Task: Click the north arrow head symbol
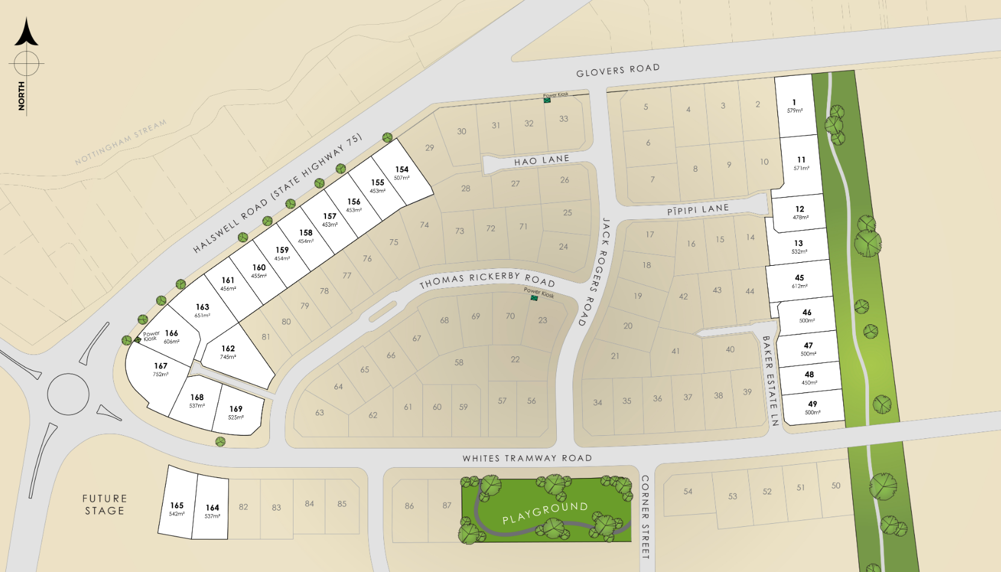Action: pyautogui.click(x=26, y=34)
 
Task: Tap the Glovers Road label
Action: pyautogui.click(x=618, y=71)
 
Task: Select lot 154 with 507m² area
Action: pyautogui.click(x=402, y=173)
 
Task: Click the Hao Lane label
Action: pyautogui.click(x=541, y=160)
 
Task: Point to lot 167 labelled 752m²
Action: pyautogui.click(x=160, y=369)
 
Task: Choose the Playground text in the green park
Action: pyautogui.click(x=545, y=512)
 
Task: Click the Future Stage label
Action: pyautogui.click(x=104, y=504)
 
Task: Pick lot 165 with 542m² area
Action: pyautogui.click(x=177, y=509)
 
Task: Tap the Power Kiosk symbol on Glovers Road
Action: pyautogui.click(x=547, y=100)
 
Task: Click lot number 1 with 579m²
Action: pyautogui.click(x=794, y=105)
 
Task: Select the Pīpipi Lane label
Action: pyautogui.click(x=697, y=210)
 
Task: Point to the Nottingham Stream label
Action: pyautogui.click(x=121, y=143)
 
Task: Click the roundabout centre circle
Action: pyautogui.click(x=68, y=395)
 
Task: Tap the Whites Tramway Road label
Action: pyautogui.click(x=527, y=458)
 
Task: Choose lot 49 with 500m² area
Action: pyautogui.click(x=812, y=407)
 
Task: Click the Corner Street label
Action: pyautogui.click(x=645, y=516)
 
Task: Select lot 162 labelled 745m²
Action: pyautogui.click(x=228, y=352)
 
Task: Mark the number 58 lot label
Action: pyautogui.click(x=459, y=362)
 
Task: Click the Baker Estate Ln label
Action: pyautogui.click(x=770, y=380)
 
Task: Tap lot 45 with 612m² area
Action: pyautogui.click(x=799, y=281)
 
